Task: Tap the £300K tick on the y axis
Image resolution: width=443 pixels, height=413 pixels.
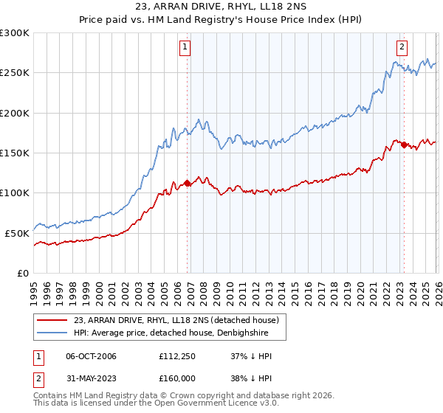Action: (x=15, y=33)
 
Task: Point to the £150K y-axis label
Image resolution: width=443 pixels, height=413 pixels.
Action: (x=15, y=153)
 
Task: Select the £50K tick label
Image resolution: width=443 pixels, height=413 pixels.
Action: (x=17, y=232)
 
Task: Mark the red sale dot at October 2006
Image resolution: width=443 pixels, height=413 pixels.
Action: (x=187, y=183)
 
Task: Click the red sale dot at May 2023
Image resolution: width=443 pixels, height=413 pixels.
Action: (x=404, y=145)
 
